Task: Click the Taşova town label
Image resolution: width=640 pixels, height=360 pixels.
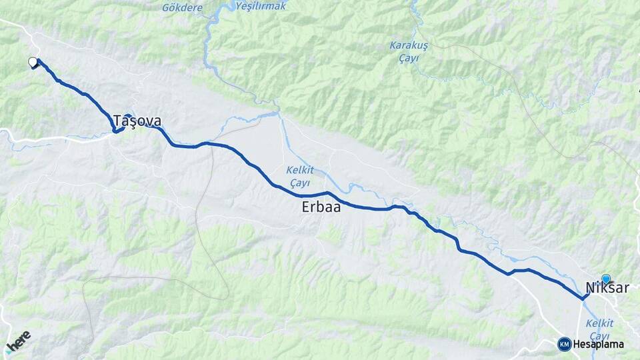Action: click(x=137, y=121)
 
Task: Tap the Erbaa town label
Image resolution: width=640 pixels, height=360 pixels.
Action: click(x=321, y=207)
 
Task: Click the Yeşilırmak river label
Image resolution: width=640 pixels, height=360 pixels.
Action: click(x=261, y=6)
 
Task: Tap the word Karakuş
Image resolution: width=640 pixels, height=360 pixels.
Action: click(x=408, y=46)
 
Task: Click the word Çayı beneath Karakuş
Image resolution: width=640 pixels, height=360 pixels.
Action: click(x=407, y=59)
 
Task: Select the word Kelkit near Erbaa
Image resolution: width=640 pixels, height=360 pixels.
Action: click(x=300, y=169)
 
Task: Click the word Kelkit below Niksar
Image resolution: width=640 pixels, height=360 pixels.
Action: click(x=599, y=323)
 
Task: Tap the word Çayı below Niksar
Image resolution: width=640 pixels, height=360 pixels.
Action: click(x=600, y=335)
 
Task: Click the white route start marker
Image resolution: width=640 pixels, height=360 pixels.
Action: click(x=33, y=63)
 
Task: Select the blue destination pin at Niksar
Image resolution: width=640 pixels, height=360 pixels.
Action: click(x=606, y=279)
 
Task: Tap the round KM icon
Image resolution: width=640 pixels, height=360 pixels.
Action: click(x=565, y=344)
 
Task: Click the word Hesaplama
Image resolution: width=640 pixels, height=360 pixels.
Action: click(x=598, y=345)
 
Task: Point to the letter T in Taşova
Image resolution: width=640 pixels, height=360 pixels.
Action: click(x=118, y=121)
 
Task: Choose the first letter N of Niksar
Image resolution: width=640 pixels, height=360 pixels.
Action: click(x=590, y=288)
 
